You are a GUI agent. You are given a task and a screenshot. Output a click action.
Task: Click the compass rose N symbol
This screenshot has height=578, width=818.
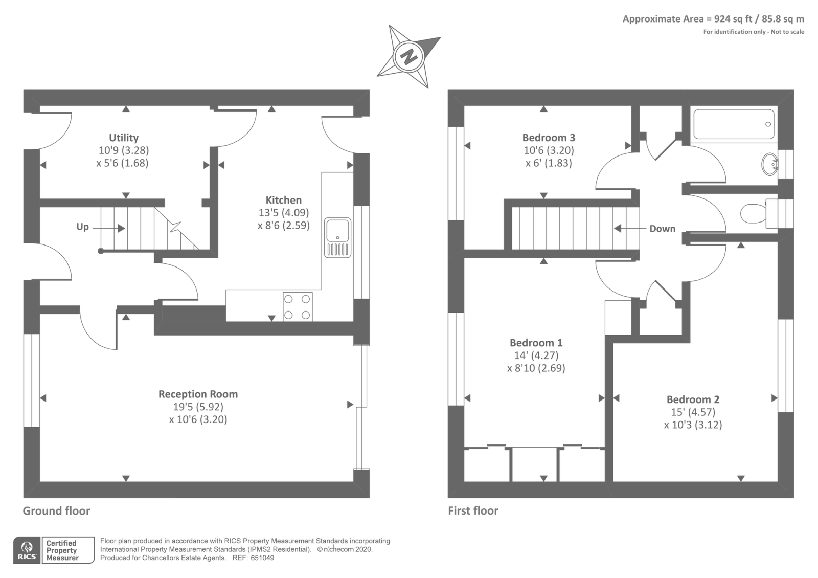click(x=408, y=56)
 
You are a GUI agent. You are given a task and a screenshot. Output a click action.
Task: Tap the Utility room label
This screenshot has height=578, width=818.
click(x=124, y=138)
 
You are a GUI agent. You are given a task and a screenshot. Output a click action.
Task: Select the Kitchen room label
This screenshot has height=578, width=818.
click(x=283, y=200)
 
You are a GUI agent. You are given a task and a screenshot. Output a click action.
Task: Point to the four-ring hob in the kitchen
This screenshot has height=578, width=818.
click(x=298, y=306)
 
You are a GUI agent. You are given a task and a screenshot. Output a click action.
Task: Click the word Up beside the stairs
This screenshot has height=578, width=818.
click(x=82, y=227)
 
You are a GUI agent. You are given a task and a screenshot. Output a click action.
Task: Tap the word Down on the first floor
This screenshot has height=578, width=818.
click(x=662, y=229)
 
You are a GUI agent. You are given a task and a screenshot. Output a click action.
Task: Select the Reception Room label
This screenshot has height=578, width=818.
click(x=198, y=394)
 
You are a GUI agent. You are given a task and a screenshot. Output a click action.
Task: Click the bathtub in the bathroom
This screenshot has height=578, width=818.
click(x=734, y=124)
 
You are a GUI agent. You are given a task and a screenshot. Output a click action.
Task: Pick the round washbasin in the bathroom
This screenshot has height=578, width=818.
click(x=769, y=164)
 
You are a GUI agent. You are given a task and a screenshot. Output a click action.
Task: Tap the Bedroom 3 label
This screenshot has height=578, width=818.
click(x=549, y=138)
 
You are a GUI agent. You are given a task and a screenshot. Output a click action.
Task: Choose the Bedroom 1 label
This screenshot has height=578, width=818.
click(x=536, y=343)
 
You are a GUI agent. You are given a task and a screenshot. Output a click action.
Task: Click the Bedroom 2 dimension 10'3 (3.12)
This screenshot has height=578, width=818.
click(x=693, y=425)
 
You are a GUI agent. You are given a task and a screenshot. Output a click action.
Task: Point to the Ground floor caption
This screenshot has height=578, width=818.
click(x=56, y=510)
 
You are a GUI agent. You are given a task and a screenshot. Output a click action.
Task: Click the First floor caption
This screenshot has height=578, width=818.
click(x=473, y=510)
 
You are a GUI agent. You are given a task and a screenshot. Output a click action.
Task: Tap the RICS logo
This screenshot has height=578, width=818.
click(x=27, y=550)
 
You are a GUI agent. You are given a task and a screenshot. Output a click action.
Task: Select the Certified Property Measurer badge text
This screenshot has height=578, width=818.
click(x=62, y=550)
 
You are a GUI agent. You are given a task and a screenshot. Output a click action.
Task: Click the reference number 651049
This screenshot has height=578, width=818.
click(x=262, y=558)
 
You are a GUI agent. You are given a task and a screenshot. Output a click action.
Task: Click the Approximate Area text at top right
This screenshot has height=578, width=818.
click(x=713, y=19)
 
